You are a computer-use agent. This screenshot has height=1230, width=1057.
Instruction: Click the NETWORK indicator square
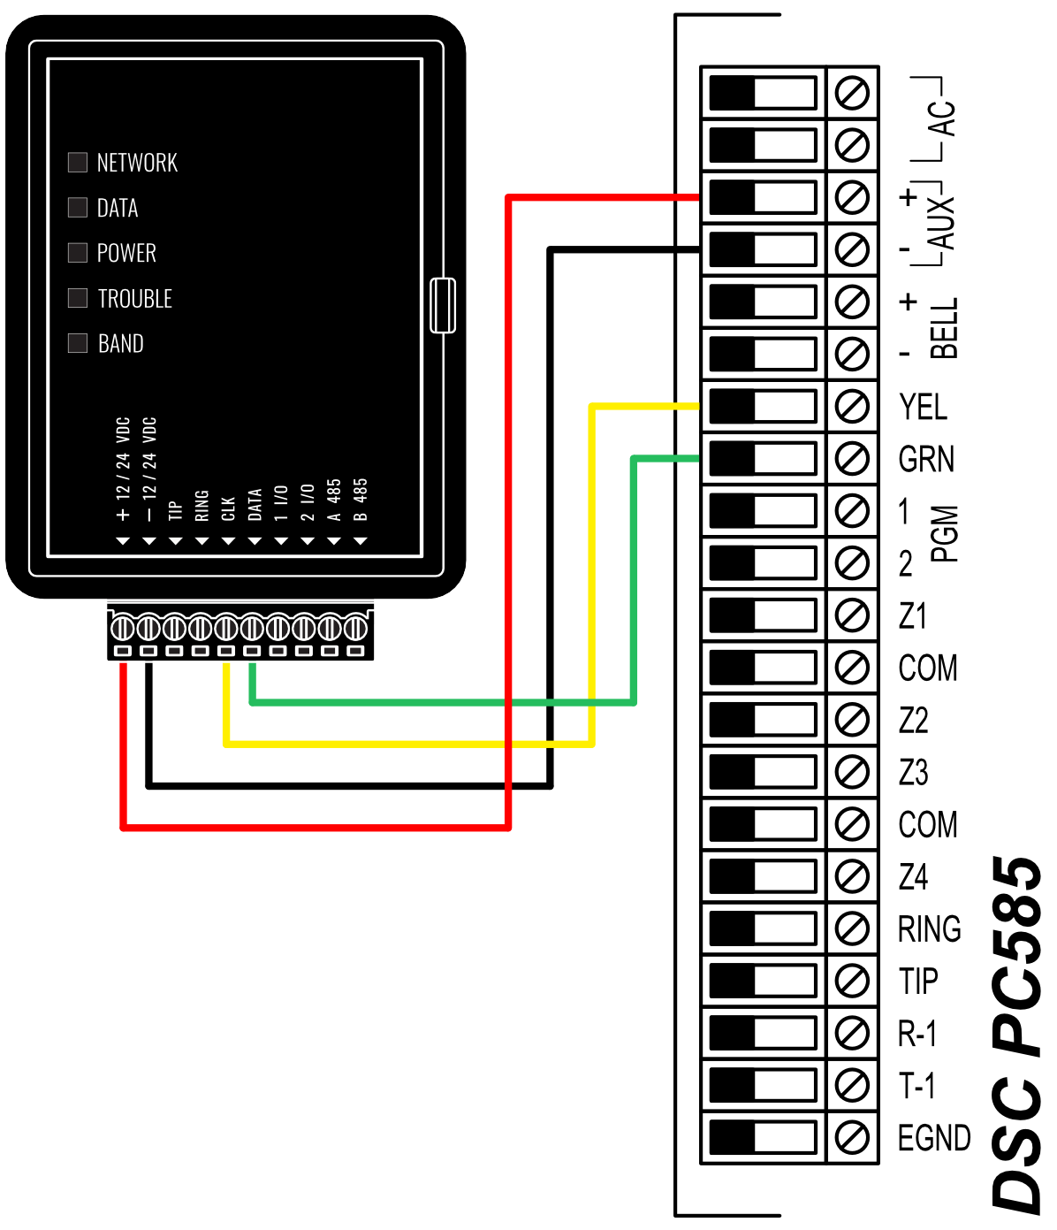(78, 162)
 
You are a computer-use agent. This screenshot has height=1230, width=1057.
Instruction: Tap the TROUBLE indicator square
(78, 297)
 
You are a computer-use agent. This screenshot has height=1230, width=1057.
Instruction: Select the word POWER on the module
(126, 253)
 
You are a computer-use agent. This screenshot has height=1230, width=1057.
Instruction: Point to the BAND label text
(121, 343)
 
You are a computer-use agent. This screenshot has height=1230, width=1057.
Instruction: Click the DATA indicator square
(78, 207)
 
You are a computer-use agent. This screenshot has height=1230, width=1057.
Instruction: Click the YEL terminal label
(923, 407)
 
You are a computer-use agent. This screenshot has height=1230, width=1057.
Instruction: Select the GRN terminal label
(926, 459)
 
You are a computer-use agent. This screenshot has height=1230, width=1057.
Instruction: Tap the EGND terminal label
(933, 1137)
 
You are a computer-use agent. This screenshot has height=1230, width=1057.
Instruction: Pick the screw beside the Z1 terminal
(852, 615)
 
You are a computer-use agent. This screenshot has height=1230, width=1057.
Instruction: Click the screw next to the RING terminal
(852, 928)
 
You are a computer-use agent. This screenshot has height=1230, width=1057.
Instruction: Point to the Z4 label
(913, 876)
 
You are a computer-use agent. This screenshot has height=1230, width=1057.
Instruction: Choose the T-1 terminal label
(916, 1085)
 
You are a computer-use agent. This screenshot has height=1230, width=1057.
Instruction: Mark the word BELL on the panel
(944, 328)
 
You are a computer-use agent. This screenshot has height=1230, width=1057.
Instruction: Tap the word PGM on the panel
(944, 534)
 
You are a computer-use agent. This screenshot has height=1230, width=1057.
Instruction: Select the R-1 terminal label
(916, 1033)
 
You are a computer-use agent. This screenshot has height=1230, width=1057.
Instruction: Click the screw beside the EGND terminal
(852, 1137)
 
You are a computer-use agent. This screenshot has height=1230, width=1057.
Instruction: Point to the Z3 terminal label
(913, 772)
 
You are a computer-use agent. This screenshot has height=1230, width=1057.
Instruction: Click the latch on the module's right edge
(443, 305)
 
